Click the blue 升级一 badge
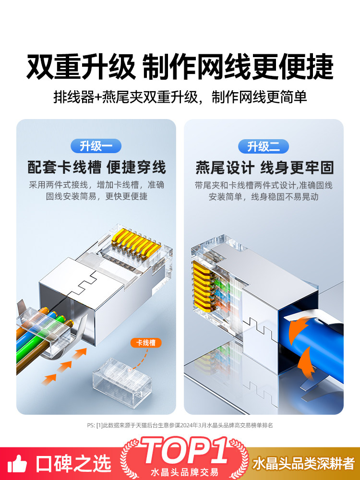click(x=96, y=146)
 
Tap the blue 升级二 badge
click(x=263, y=146)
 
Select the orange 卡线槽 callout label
click(x=146, y=343)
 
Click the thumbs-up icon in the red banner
click(x=17, y=464)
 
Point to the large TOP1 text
click(x=185, y=450)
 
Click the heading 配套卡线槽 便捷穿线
click(x=97, y=167)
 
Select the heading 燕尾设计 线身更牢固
click(x=264, y=168)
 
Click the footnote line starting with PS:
click(x=180, y=425)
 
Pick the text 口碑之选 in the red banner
click(x=73, y=464)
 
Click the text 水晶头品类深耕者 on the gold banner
click(x=303, y=464)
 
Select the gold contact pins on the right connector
click(x=202, y=285)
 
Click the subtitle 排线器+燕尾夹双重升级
click(x=126, y=97)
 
